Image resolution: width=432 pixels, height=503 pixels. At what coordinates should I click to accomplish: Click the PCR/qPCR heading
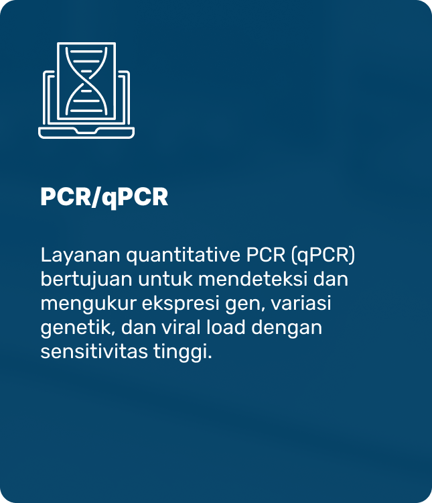(104, 197)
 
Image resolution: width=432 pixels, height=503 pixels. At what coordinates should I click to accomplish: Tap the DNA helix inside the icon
(86, 80)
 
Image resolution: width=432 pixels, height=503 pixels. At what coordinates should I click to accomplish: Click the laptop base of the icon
(86, 133)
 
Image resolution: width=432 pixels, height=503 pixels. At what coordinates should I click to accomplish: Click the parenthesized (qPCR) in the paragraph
(323, 256)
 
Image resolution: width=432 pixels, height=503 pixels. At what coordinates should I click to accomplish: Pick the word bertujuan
(86, 280)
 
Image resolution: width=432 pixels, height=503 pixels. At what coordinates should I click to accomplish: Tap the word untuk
(165, 280)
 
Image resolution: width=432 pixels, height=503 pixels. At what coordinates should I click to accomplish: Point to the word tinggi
(180, 353)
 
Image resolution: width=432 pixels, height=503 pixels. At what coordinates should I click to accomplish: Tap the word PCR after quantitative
(266, 256)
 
